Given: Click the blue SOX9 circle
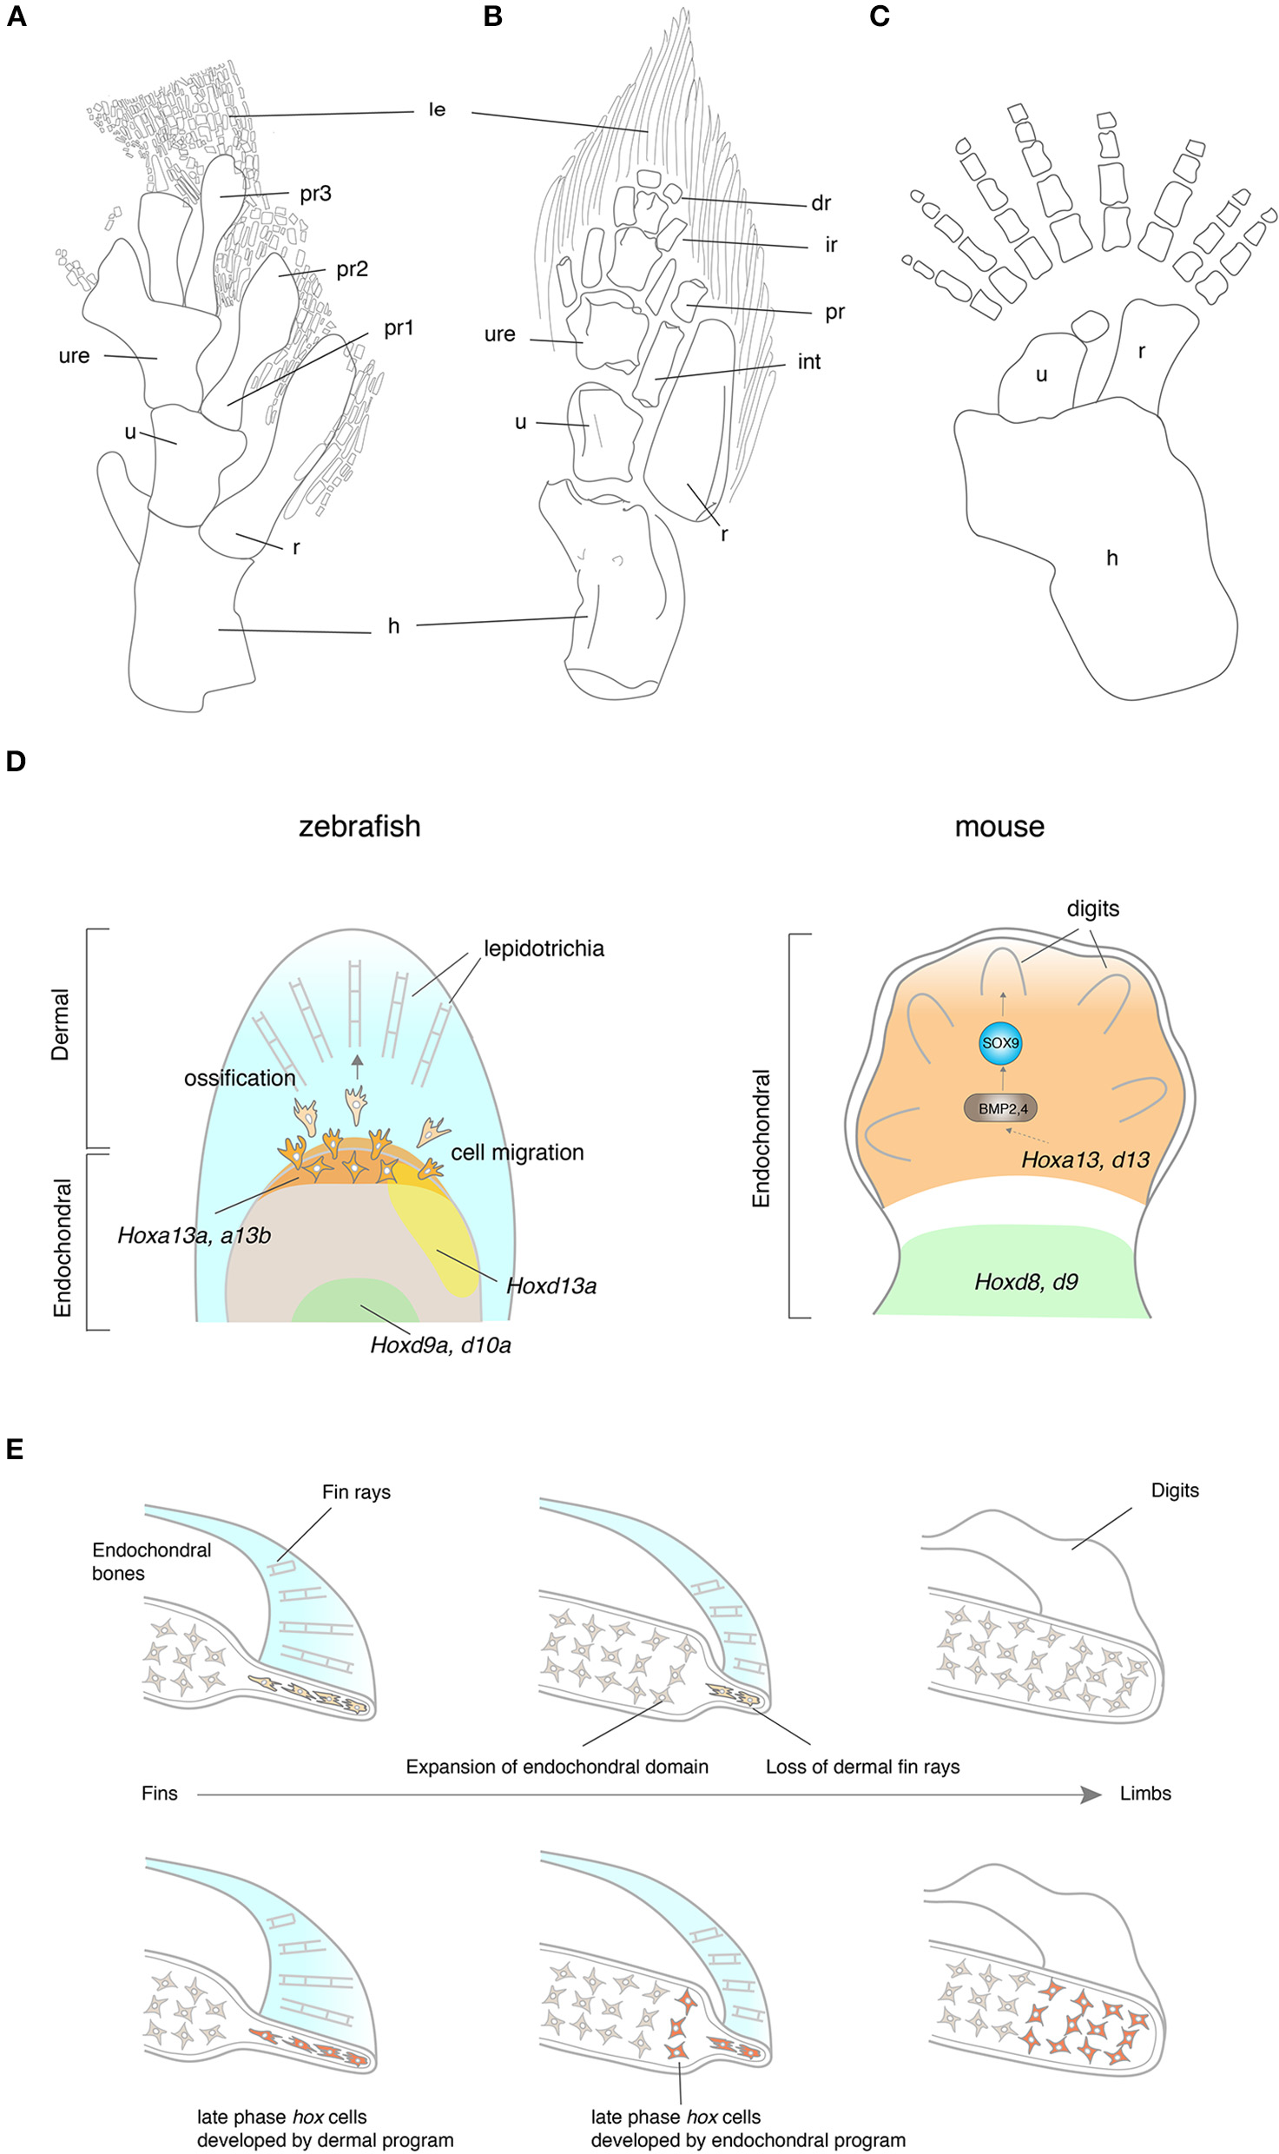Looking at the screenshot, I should [999, 1043].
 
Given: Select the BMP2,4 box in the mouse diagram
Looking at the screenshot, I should [1001, 1108].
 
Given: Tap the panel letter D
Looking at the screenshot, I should [16, 762].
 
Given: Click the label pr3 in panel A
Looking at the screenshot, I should [315, 194].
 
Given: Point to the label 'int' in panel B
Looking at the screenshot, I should [808, 361].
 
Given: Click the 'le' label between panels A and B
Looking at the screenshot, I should [437, 109].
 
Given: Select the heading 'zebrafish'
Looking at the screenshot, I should [359, 826].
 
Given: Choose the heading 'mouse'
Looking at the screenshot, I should [999, 826].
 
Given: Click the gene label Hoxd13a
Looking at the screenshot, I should [551, 1286].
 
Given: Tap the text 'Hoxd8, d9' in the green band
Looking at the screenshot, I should [1025, 1282].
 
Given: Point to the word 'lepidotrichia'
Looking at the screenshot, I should [544, 948].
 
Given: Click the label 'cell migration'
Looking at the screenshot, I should [517, 1153].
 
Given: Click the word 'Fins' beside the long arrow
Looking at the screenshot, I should [159, 1794].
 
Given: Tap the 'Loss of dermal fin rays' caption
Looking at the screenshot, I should [862, 1767].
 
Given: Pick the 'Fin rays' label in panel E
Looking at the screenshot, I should [356, 1492].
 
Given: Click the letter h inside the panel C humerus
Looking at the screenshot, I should [1111, 558].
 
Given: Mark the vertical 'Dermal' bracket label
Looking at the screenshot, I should [60, 1025].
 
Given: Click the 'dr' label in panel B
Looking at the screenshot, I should [821, 203].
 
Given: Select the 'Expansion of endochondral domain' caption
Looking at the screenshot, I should [557, 1767].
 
